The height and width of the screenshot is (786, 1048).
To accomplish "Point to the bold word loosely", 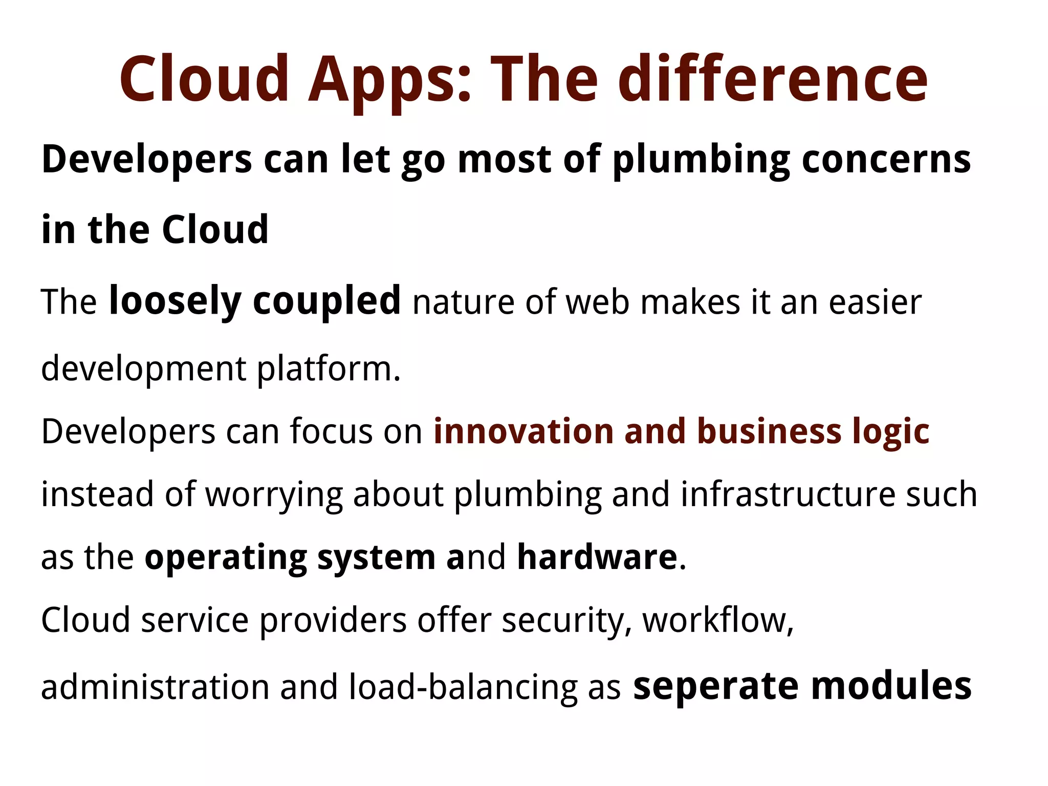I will pyautogui.click(x=174, y=301).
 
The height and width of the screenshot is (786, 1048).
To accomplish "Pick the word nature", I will pyautogui.click(x=464, y=302).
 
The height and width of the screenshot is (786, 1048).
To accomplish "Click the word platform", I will pyautogui.click(x=328, y=369).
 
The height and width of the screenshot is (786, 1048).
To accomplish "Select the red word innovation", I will pyautogui.click(x=523, y=431).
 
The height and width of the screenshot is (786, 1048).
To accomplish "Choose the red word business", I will pyautogui.click(x=769, y=431).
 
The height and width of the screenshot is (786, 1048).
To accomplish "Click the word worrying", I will pyautogui.click(x=274, y=495).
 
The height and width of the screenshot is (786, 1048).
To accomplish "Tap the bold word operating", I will pyautogui.click(x=225, y=558).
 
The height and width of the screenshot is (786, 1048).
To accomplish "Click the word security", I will pyautogui.click(x=566, y=621).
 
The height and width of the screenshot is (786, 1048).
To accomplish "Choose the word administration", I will pyautogui.click(x=155, y=687).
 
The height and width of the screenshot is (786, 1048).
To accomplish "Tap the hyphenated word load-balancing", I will pyautogui.click(x=463, y=687).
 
